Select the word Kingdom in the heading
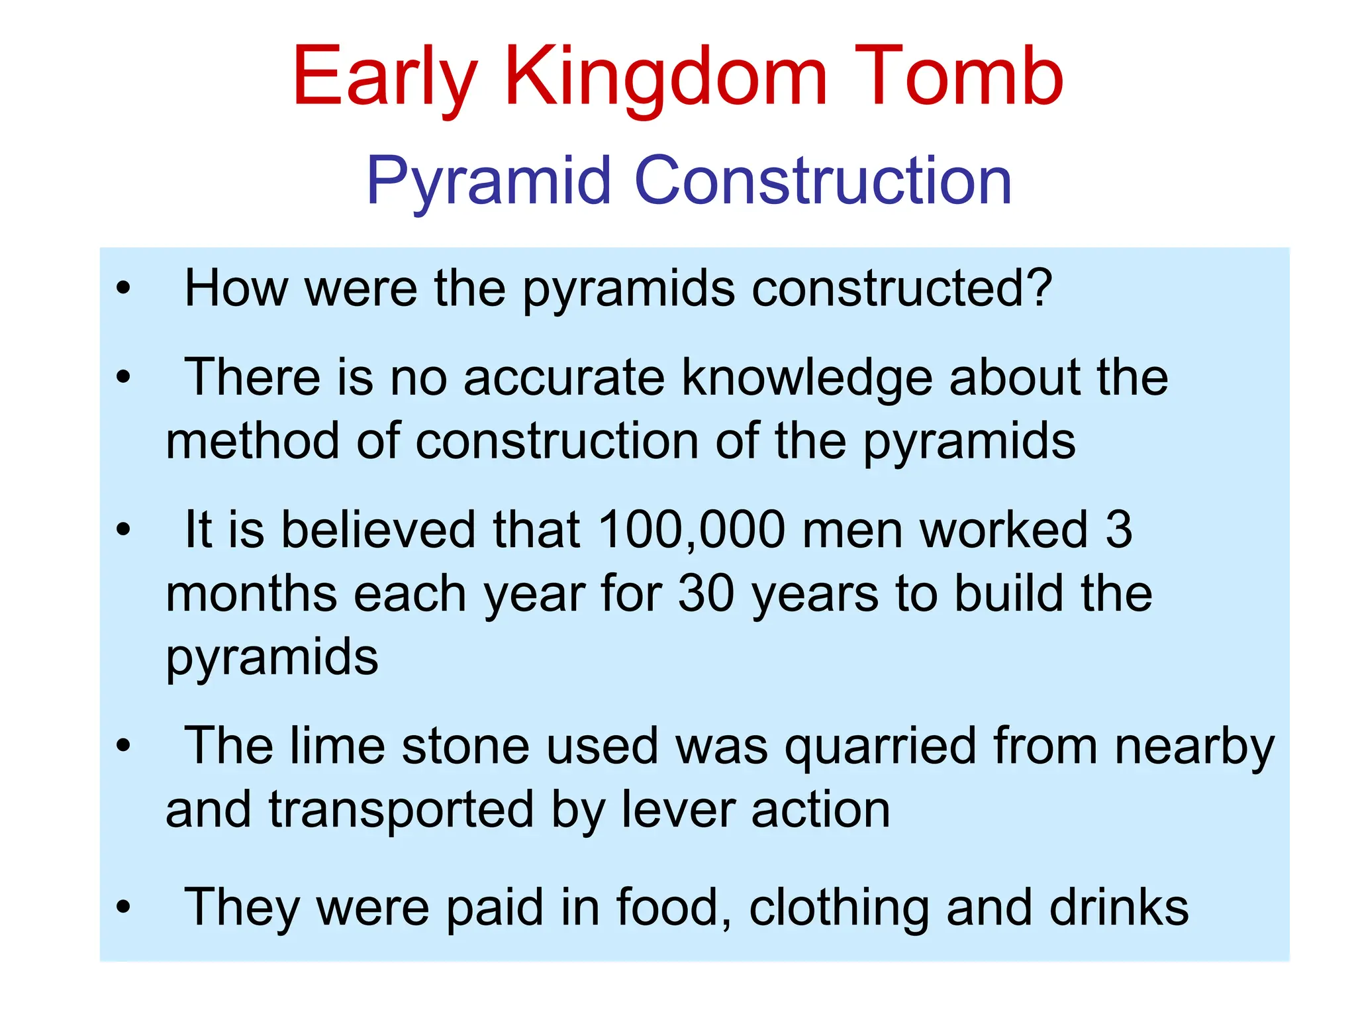(665, 78)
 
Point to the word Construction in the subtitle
(823, 180)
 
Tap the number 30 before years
(706, 593)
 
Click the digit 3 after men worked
(1119, 530)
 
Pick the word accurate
(563, 377)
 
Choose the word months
(251, 593)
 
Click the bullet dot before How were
(123, 289)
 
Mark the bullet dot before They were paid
(123, 907)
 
